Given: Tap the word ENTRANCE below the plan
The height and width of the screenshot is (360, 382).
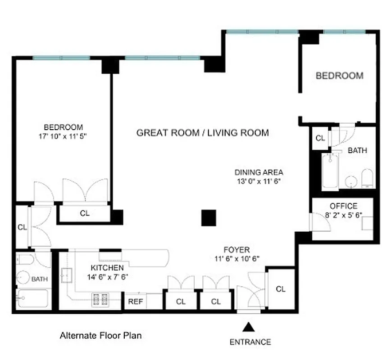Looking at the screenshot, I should [x=250, y=342].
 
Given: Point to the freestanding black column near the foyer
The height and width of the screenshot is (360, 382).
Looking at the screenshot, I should [x=209, y=218].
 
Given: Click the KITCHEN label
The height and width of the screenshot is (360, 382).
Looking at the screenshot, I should [x=107, y=268].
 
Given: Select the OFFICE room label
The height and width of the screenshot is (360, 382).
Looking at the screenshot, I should [x=343, y=206].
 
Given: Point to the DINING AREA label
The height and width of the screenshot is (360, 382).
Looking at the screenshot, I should [x=259, y=172].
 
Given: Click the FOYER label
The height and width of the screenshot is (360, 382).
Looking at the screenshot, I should [x=236, y=249].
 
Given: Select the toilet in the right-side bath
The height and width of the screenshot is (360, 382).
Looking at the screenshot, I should [x=367, y=179].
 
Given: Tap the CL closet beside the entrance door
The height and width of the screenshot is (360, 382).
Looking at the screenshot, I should [x=280, y=289].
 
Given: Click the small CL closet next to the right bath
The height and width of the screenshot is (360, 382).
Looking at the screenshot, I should [x=320, y=138].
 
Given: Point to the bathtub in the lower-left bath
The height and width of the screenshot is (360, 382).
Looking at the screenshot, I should [x=32, y=298].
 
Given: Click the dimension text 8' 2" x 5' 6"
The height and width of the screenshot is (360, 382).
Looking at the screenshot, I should [x=344, y=215].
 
